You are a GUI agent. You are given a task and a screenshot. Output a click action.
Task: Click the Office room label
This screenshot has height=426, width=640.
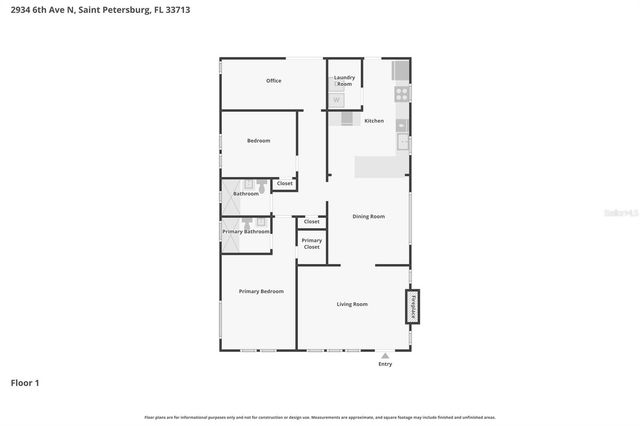point(273,81)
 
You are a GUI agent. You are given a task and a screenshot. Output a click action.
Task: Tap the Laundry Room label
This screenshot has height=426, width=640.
point(344,80)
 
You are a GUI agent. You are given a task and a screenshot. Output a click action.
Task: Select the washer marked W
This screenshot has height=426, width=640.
point(337,100)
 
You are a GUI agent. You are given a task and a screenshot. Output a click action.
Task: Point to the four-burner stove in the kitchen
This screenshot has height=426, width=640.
point(401,94)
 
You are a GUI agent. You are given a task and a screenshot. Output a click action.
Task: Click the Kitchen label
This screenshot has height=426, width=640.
point(374,121)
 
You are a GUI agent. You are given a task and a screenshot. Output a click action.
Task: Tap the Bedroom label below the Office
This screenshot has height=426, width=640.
point(258,141)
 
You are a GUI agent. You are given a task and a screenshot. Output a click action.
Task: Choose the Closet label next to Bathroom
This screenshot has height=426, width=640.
point(285,184)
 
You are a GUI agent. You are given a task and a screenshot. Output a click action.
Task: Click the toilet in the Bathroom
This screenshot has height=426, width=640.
point(259,185)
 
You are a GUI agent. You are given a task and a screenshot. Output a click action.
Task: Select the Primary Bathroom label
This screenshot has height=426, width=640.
point(245,231)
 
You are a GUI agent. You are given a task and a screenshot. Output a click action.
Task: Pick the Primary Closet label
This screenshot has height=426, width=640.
point(311,243)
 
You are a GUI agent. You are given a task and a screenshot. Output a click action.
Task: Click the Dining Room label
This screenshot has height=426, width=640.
point(368,216)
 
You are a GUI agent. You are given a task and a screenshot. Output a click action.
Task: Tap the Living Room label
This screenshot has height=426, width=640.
point(351,304)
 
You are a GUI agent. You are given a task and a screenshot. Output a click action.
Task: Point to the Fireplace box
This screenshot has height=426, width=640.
point(411,307)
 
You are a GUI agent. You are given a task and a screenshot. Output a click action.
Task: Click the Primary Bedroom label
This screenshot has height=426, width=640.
point(260,291)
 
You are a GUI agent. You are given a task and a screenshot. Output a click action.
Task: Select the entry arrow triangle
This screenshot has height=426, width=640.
point(385,354)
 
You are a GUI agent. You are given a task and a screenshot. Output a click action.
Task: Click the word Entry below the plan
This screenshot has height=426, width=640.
point(385,364)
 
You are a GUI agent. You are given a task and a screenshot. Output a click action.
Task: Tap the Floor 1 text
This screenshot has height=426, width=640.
point(25,383)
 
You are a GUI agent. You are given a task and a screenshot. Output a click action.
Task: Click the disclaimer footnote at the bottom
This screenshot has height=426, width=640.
point(319,417)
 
